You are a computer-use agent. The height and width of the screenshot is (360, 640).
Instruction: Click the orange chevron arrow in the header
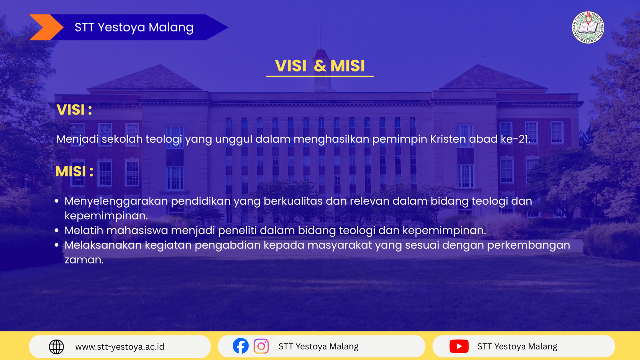click(x=46, y=27)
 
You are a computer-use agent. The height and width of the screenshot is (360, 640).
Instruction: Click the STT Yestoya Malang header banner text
click(x=134, y=28)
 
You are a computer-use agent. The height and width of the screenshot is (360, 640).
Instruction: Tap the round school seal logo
click(x=588, y=28)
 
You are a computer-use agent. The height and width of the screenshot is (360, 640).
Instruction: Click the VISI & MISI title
click(x=320, y=66)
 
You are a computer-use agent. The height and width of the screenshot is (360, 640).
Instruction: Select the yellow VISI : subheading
click(x=74, y=110)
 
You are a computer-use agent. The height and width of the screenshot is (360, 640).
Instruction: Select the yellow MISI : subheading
click(x=74, y=172)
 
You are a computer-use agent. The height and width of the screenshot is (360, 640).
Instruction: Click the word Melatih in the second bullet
click(x=84, y=230)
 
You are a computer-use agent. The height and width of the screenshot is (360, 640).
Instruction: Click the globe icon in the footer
click(x=56, y=347)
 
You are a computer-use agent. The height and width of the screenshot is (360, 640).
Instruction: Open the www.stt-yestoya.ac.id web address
click(x=120, y=347)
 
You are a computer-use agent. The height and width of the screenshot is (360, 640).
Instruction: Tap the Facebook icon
click(x=240, y=346)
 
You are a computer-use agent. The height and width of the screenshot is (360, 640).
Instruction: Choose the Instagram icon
click(x=261, y=346)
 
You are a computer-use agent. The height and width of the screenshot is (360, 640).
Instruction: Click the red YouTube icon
click(x=459, y=346)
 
